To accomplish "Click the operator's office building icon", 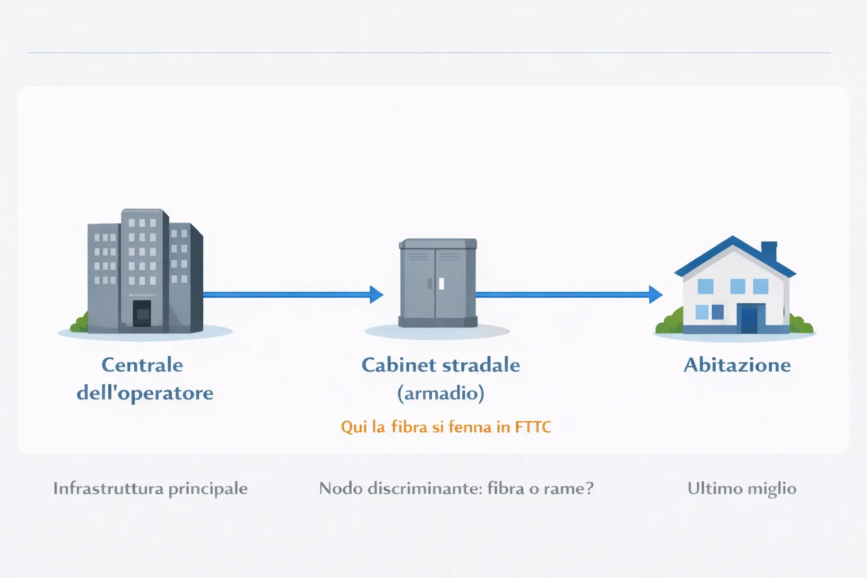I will pyautogui.click(x=145, y=271).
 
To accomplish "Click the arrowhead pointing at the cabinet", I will pyautogui.click(x=376, y=294).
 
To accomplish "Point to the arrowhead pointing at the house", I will pyautogui.click(x=655, y=294).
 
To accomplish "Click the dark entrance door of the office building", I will pyautogui.click(x=142, y=313).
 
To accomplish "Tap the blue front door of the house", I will pyautogui.click(x=750, y=319).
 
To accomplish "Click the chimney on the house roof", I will pyautogui.click(x=769, y=250).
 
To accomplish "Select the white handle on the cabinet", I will pyautogui.click(x=441, y=283).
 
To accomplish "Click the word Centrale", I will pyautogui.click(x=142, y=365).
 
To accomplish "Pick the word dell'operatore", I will pyautogui.click(x=145, y=393).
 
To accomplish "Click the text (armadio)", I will pyautogui.click(x=441, y=393).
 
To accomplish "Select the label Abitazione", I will pyautogui.click(x=737, y=365).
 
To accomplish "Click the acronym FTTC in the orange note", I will pyautogui.click(x=533, y=427).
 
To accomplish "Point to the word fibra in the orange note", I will pyautogui.click(x=409, y=427).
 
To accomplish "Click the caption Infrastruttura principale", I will pyautogui.click(x=150, y=488).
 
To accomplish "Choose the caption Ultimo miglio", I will pyautogui.click(x=742, y=488).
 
